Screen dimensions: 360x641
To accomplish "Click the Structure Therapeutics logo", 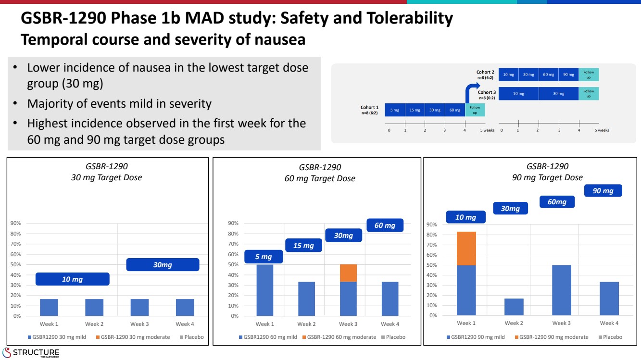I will point(31,352).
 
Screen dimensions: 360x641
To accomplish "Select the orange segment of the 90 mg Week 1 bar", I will point(466,248).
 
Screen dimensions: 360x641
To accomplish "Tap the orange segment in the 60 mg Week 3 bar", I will point(348,273).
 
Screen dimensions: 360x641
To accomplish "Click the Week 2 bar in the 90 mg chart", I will point(513,307).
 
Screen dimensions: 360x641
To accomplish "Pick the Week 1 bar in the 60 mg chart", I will point(264,290).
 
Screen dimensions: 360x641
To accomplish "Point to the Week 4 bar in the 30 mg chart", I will point(185,307).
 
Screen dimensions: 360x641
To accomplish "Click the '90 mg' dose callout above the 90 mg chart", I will point(603,191).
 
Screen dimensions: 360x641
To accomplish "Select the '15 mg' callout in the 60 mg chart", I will point(303,246).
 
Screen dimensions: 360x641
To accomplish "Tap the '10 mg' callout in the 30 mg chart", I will point(72,279).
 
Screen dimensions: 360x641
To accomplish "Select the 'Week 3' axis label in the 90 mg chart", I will point(561,323).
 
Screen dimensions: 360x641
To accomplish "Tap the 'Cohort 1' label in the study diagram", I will point(370,108).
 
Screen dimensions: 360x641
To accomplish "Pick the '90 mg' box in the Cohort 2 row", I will point(568,74).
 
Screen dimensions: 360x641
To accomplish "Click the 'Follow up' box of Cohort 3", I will point(589,93).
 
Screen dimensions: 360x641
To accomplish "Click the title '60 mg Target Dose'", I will point(320,178).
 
